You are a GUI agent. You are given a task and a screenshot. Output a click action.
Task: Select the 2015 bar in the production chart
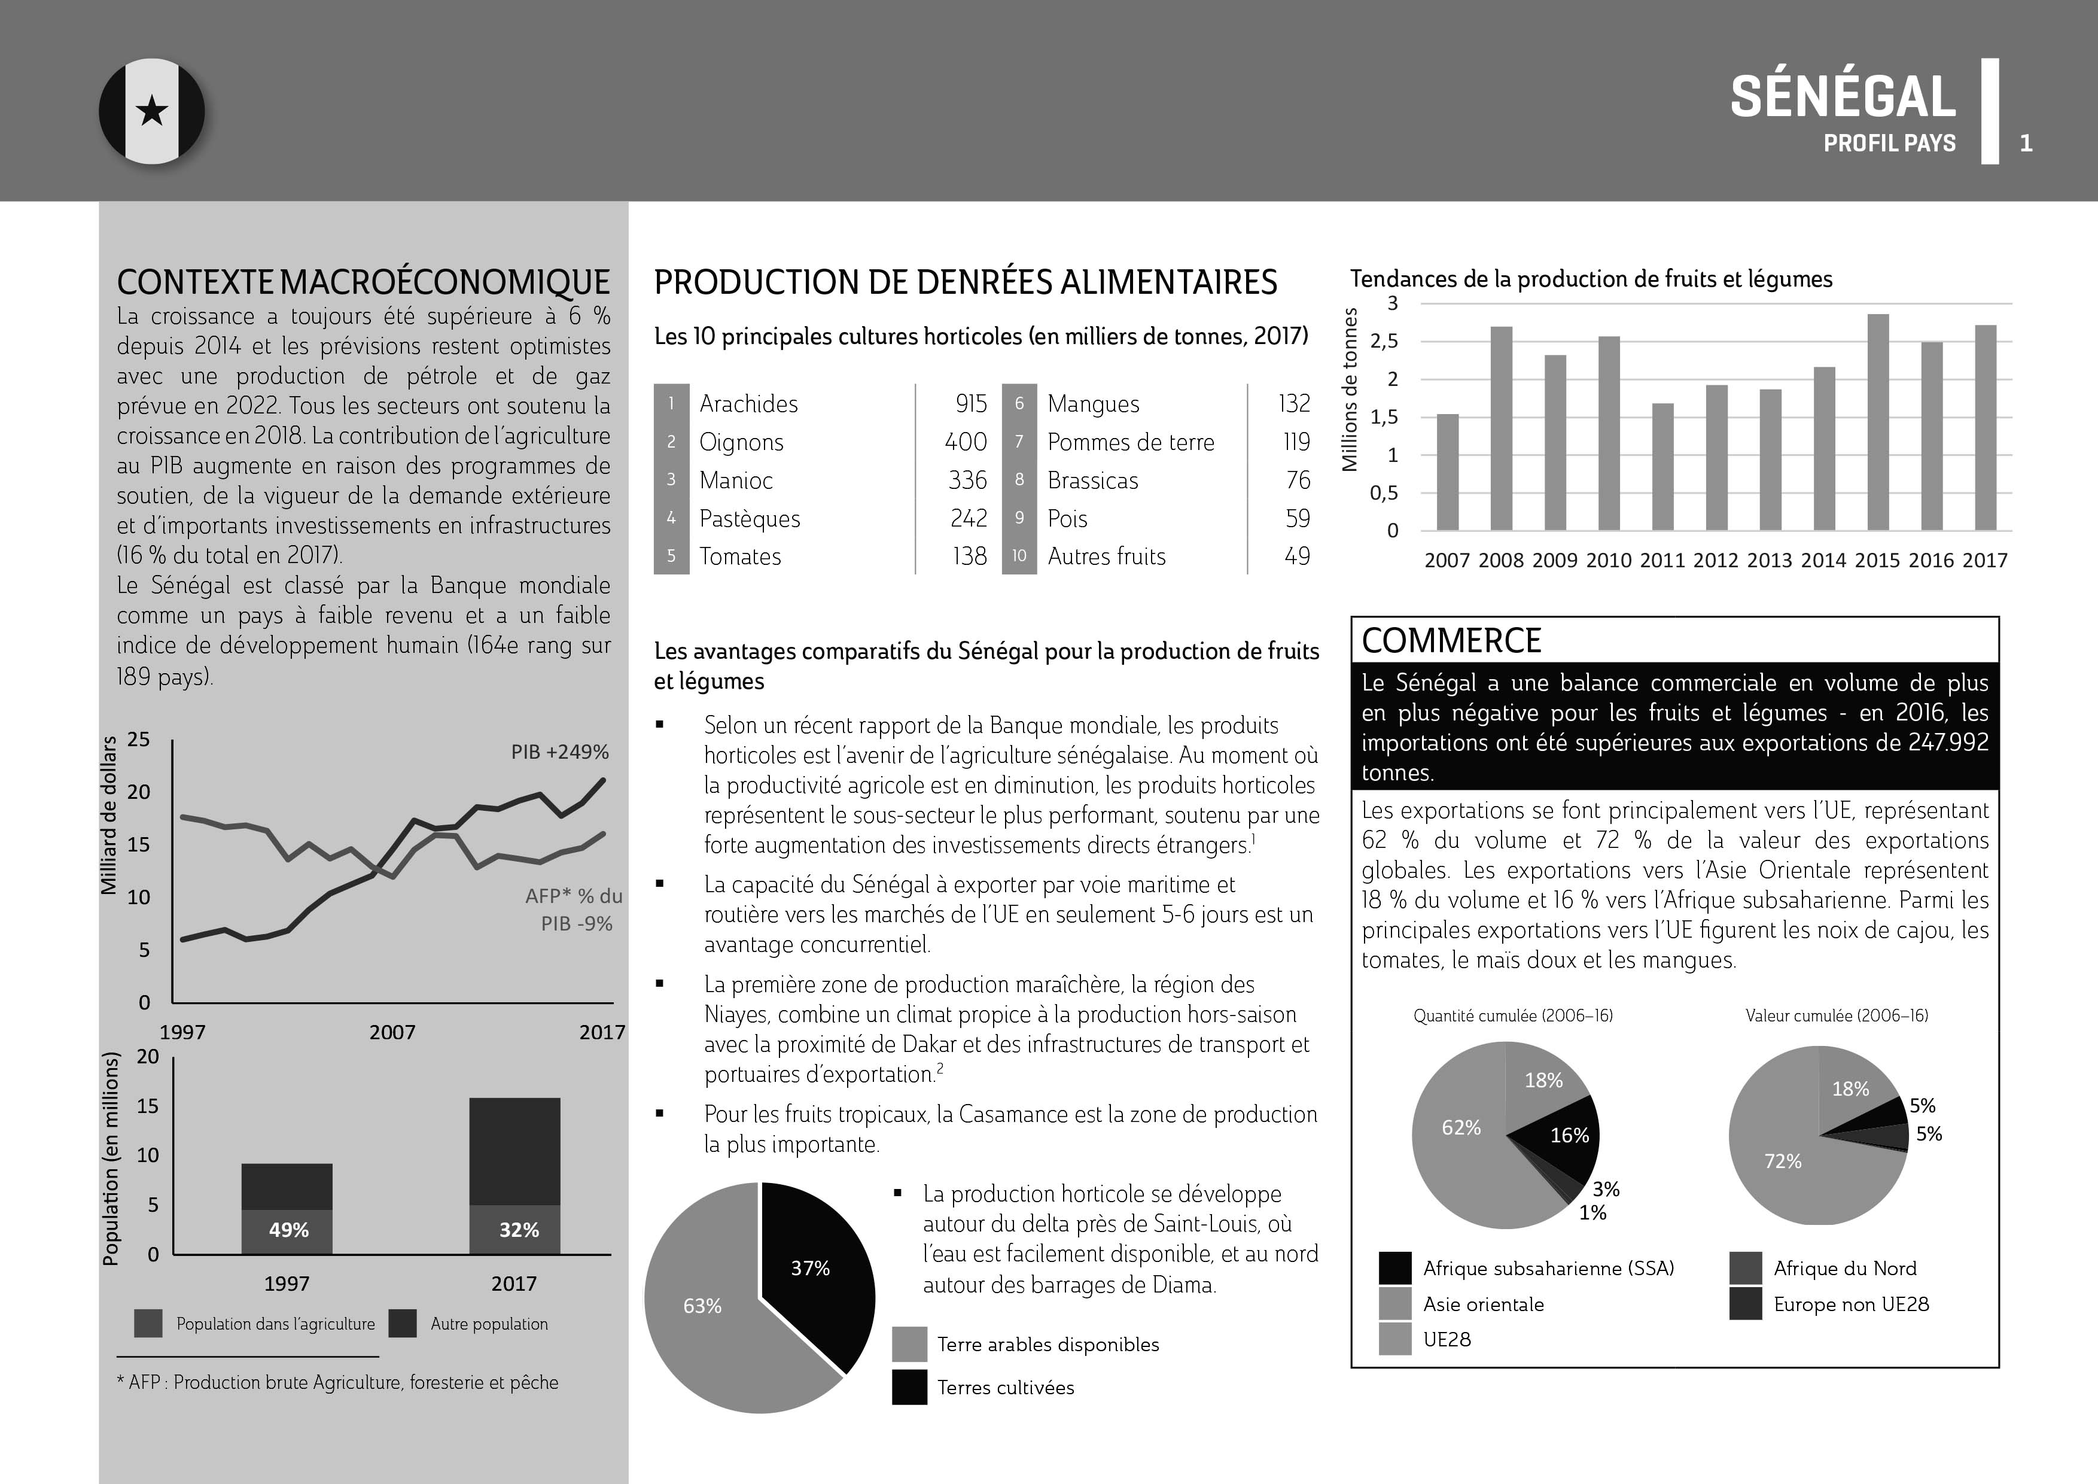pyautogui.click(x=1878, y=422)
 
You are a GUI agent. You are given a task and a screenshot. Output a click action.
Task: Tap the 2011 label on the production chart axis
pyautogui.click(x=1661, y=560)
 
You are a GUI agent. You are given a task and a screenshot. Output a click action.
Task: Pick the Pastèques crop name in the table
pyautogui.click(x=749, y=518)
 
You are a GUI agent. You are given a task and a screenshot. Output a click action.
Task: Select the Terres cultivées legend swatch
pyautogui.click(x=909, y=1386)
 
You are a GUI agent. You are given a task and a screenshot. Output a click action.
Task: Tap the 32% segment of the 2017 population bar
pyautogui.click(x=514, y=1229)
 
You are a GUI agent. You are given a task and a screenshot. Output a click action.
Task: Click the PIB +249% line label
pyautogui.click(x=559, y=752)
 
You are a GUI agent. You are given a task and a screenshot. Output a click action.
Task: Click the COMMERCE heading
pyautogui.click(x=1451, y=640)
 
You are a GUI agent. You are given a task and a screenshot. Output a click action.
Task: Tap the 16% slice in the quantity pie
pyautogui.click(x=1566, y=1135)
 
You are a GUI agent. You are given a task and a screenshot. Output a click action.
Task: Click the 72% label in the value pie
pyautogui.click(x=1782, y=1161)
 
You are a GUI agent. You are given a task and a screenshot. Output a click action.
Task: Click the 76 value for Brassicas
pyautogui.click(x=1298, y=480)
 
